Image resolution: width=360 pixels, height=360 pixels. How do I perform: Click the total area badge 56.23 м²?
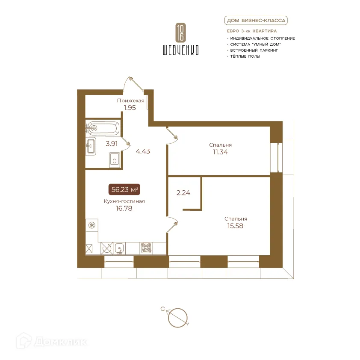tap(124, 190)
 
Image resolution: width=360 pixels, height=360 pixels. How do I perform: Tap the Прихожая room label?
tap(131, 100)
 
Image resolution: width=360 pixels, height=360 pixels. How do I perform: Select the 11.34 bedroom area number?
tap(221, 152)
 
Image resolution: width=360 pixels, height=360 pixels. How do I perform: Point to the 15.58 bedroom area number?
tap(235, 226)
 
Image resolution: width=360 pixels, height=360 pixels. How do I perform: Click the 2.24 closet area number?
tap(183, 193)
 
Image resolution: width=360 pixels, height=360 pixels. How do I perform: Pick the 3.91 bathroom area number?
tap(112, 144)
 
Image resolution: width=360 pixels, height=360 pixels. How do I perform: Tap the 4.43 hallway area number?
tap(143, 151)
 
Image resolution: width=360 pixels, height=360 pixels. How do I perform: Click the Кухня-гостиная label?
tap(124, 201)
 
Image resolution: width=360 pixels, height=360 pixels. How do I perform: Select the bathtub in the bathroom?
tap(103, 128)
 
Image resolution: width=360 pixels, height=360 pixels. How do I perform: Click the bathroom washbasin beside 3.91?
tap(91, 146)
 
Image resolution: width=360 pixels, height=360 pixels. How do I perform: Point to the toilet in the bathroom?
tap(114, 160)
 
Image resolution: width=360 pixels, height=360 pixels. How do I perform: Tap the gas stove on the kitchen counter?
tap(146, 248)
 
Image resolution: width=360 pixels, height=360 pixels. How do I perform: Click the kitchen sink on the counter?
tap(119, 248)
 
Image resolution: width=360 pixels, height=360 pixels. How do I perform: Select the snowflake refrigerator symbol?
tap(92, 225)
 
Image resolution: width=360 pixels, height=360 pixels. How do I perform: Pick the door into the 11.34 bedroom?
tap(172, 136)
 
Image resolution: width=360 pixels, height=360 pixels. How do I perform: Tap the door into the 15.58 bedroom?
tap(172, 224)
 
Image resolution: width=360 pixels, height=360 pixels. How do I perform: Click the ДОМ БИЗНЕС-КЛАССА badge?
tap(256, 21)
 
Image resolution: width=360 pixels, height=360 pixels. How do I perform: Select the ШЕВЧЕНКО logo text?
tap(181, 50)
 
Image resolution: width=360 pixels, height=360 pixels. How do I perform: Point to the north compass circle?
tap(177, 318)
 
